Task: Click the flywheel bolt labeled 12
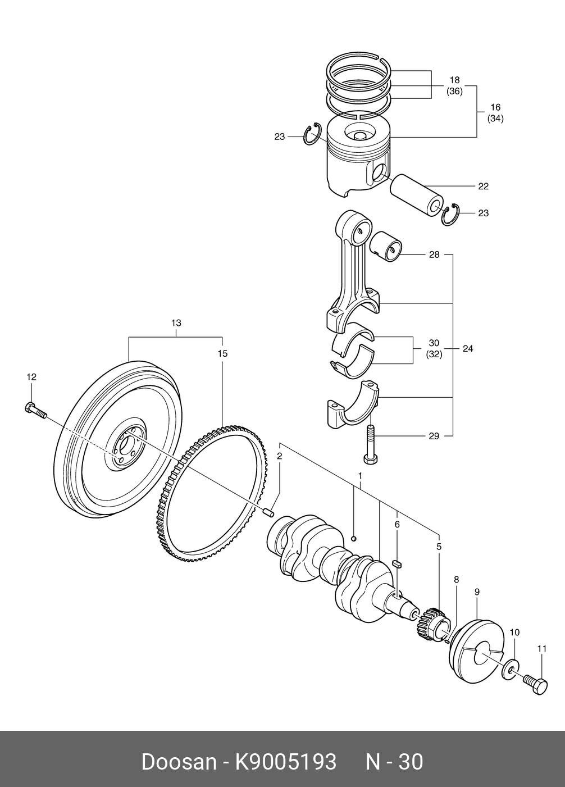(x=36, y=411)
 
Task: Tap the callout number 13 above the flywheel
(x=176, y=323)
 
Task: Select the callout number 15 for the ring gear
(x=222, y=353)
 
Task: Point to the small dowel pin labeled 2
(x=269, y=512)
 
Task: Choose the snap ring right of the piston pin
(x=450, y=215)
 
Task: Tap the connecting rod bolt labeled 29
(x=371, y=444)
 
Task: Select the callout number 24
(x=468, y=348)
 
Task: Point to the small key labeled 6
(x=397, y=565)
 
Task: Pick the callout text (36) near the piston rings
(x=454, y=92)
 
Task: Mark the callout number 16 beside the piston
(x=495, y=107)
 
